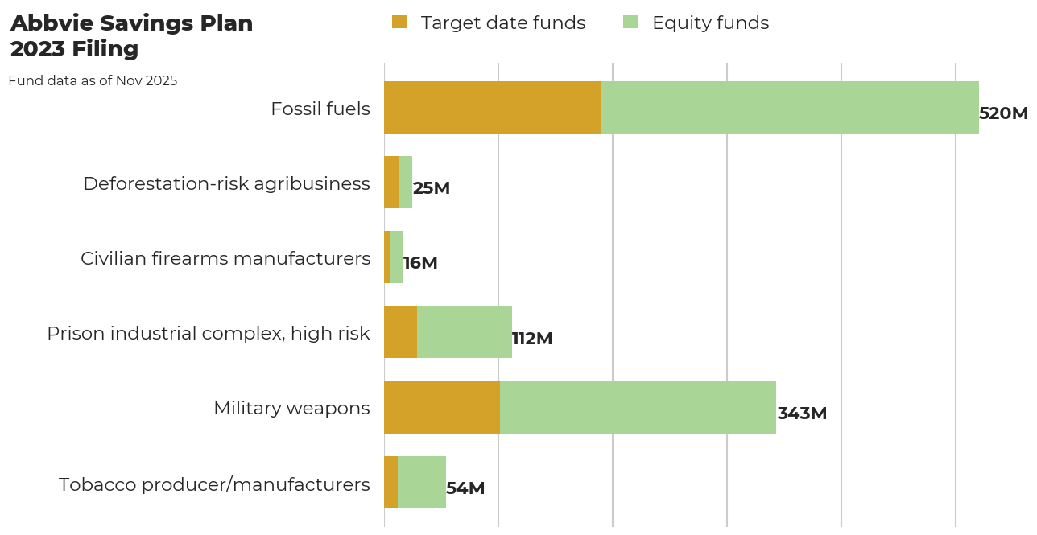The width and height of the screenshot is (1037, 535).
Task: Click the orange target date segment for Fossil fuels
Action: pos(493,107)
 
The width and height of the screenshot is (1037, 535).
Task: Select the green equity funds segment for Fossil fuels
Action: pos(790,107)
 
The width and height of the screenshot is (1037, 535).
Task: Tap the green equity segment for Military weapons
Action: pos(638,407)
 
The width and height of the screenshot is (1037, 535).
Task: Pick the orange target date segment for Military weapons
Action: pos(442,407)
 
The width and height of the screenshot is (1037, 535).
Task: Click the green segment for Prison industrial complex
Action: pos(465,332)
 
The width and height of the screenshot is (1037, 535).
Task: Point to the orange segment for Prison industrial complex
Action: pos(400,332)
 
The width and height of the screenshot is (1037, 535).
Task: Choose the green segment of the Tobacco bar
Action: pos(422,482)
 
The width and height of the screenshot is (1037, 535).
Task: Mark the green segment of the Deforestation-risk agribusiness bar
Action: pos(405,182)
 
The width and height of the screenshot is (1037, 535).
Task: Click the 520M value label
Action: pos(1003,113)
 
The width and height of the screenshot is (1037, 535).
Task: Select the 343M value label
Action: pos(802,414)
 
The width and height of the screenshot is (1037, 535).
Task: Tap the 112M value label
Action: pos(532,339)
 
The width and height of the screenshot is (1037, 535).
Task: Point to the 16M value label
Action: pos(420,263)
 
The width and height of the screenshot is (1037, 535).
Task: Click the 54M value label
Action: pos(465,488)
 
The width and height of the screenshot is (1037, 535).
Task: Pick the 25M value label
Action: pos(432,188)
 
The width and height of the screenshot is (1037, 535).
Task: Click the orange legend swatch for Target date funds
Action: pos(399,23)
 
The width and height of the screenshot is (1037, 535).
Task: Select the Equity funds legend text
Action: pos(710,23)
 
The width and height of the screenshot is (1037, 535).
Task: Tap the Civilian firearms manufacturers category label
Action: pos(225,258)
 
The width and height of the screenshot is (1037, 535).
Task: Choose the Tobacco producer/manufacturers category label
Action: pos(214,484)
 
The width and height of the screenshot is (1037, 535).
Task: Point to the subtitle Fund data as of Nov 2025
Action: pos(93,80)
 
